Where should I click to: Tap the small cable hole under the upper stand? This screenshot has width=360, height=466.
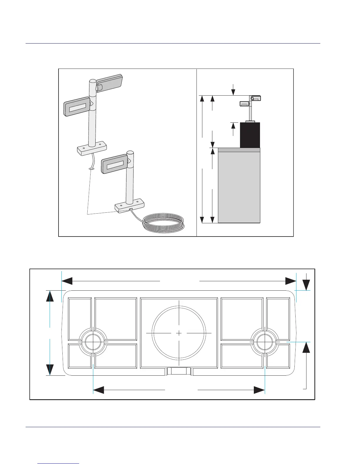click(x=91, y=169)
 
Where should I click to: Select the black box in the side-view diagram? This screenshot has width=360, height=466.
click(x=250, y=135)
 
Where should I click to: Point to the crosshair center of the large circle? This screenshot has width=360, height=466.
click(x=179, y=333)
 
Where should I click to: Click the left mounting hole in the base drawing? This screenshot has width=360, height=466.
click(x=93, y=342)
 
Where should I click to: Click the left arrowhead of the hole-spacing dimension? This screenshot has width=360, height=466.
click(x=99, y=390)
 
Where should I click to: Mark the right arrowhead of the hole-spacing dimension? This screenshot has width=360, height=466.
click(x=259, y=390)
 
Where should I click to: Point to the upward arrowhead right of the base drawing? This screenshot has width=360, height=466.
click(x=306, y=347)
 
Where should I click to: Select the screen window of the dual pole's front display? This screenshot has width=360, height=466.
click(x=78, y=108)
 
